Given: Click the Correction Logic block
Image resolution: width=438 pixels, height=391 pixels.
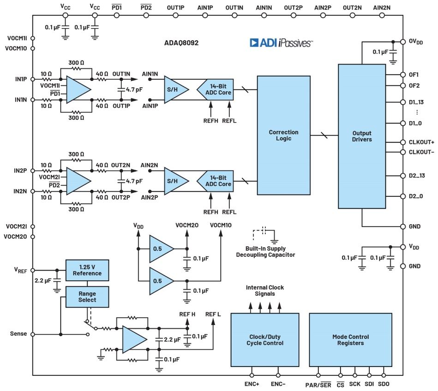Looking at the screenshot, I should pos(283,135).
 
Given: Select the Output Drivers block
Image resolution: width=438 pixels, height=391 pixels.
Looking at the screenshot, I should pos(361,136).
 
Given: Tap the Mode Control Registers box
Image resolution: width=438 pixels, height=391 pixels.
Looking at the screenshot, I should pos(350,340).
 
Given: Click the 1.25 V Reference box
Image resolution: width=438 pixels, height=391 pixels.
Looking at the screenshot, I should pos(87,270).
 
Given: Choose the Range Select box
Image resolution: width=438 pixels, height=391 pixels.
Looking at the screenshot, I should pos(87,296).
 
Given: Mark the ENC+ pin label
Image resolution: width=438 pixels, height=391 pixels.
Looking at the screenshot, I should pos(252,384).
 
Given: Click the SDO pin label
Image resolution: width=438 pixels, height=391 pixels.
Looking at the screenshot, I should pos(384,384).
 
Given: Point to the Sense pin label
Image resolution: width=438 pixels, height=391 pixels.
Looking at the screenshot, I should pos(18,334).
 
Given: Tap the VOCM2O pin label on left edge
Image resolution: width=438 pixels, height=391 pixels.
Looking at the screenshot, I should pos(16,237).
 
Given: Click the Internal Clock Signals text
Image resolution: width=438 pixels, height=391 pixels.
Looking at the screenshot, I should pos(264,290).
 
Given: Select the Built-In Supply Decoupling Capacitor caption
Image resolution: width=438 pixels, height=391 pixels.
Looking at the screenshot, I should pos(265,251).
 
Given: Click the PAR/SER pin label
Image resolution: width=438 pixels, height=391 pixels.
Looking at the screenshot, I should pos(318,384).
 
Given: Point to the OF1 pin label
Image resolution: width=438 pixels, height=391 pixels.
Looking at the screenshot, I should pos(414,75).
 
